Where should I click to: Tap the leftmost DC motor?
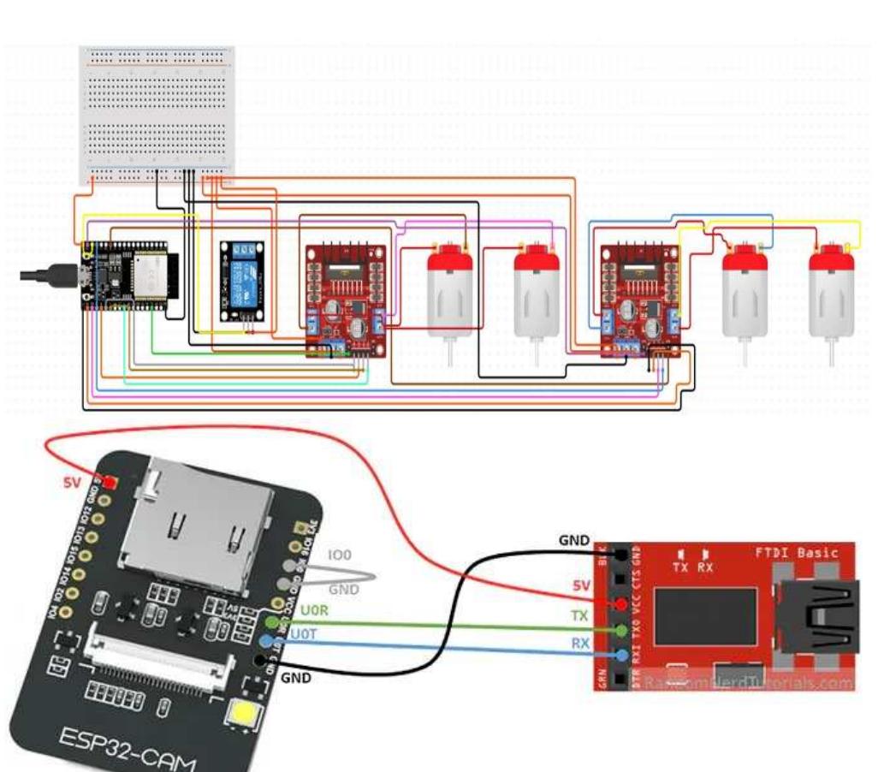click(x=445, y=291)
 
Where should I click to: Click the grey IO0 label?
click(x=340, y=555)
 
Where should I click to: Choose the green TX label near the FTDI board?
click(x=580, y=616)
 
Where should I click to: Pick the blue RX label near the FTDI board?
click(x=580, y=642)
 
